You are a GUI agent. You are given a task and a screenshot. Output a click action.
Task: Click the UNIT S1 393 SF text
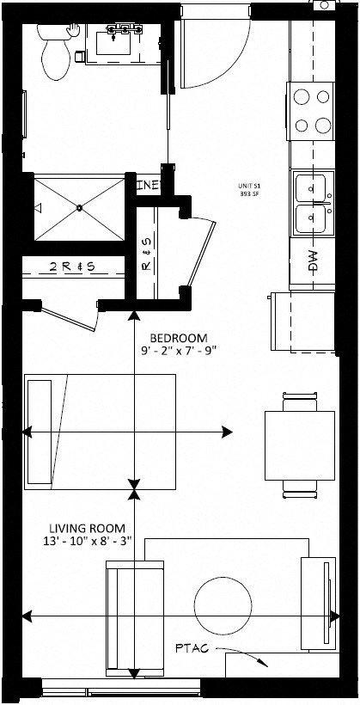(252, 190)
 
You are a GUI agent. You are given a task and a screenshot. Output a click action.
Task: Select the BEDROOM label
(177, 337)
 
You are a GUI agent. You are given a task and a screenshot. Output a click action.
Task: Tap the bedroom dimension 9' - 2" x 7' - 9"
(177, 351)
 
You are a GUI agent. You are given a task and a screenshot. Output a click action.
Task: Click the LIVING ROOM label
(87, 528)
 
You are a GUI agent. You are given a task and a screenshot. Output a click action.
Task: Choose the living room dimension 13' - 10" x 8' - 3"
(87, 542)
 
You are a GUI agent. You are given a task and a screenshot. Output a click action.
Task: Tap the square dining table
(297, 445)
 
